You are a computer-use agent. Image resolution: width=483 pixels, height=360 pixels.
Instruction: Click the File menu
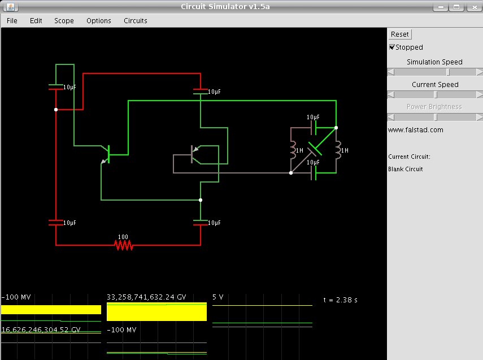tap(12, 21)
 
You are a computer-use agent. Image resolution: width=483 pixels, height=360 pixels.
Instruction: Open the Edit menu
tap(36, 21)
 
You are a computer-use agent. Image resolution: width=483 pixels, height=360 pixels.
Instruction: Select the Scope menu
tap(64, 21)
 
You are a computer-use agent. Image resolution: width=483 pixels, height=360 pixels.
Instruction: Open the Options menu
tap(98, 21)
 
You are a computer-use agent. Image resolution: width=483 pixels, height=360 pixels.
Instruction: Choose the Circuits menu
tap(135, 21)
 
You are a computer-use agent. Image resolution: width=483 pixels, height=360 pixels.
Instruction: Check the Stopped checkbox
tap(392, 47)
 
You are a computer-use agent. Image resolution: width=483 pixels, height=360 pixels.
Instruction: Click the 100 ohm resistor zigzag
tap(124, 245)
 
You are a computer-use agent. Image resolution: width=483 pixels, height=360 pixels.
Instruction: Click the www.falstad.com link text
tap(416, 130)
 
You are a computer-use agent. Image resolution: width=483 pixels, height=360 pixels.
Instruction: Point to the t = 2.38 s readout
tap(341, 300)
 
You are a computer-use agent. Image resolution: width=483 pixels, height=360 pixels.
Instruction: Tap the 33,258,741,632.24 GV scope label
tap(146, 297)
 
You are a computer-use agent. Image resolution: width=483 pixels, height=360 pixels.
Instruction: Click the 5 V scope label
tap(218, 297)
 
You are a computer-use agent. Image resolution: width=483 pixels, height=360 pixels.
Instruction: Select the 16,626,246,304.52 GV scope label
tap(41, 330)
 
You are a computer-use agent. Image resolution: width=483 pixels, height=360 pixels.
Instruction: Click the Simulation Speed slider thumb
tap(448, 72)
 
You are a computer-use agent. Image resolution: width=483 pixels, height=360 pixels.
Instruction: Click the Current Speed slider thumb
tap(436, 94)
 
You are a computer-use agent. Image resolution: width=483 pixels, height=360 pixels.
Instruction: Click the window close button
tap(475, 7)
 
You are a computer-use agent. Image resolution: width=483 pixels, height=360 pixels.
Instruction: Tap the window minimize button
tap(441, 7)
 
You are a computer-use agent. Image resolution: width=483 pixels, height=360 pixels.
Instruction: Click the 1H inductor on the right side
tap(338, 150)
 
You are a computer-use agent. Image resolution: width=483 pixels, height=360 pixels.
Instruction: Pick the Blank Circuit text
tap(406, 169)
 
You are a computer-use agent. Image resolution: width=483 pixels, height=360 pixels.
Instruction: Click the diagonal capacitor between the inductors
tap(315, 149)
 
